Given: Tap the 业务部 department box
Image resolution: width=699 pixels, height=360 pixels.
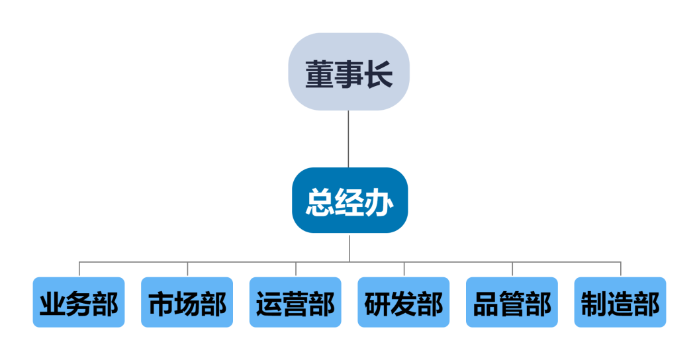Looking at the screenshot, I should tap(79, 302).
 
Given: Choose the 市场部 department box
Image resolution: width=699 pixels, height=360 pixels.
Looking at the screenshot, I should tap(187, 302).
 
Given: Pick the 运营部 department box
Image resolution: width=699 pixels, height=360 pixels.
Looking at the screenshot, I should tap(295, 302).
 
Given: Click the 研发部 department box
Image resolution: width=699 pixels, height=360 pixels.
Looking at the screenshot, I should tap(404, 302).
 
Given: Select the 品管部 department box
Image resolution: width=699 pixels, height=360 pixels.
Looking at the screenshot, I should tap(512, 302).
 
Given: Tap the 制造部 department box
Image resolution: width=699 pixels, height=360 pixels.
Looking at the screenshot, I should tap(620, 302).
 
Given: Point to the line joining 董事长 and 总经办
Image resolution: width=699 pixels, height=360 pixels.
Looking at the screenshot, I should tap(349, 139).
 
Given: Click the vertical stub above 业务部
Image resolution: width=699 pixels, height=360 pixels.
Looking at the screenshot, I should tap(79, 269).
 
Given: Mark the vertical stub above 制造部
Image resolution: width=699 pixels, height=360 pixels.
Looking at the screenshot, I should tap(621, 269).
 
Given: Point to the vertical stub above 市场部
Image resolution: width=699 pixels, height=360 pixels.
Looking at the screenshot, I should tap(187, 269).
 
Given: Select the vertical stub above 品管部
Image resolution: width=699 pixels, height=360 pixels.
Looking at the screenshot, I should tap(512, 269).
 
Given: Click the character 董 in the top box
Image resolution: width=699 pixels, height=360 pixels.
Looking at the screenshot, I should tap(320, 74).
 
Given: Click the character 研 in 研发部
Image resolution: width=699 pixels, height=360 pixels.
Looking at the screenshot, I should tap(378, 304).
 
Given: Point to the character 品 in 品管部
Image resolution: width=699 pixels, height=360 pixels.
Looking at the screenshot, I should tap(487, 304).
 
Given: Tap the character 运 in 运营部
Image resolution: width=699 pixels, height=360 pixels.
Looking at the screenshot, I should tap(269, 304).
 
